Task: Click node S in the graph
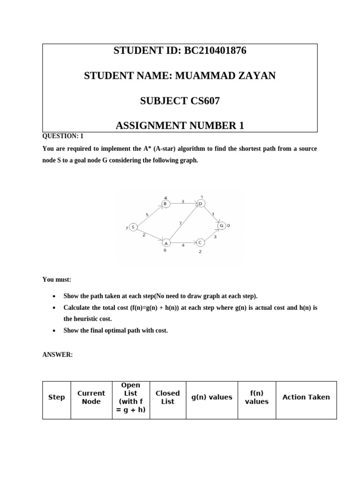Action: (133, 227)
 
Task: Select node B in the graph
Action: (165, 203)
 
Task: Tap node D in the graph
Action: (200, 203)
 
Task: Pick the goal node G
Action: (222, 226)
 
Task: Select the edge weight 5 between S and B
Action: (147, 215)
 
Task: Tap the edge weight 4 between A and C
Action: (183, 245)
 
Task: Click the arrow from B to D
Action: (183, 204)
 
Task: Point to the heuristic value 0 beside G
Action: (229, 226)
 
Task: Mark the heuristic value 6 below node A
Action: (165, 250)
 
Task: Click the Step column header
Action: (57, 397)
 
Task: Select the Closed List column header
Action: (167, 397)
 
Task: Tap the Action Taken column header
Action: (306, 397)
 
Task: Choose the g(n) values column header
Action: (211, 397)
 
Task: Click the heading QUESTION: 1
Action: (63, 136)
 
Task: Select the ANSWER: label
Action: (58, 355)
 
